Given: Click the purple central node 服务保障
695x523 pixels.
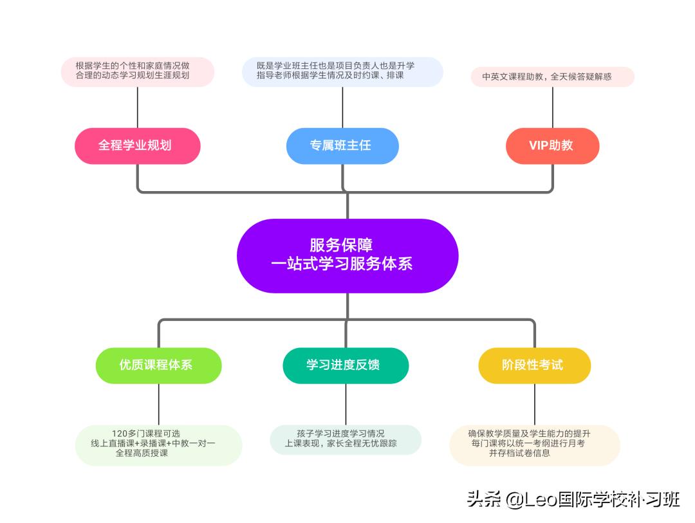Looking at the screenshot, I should [x=347, y=255].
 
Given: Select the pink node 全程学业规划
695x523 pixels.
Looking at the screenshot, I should [x=137, y=145].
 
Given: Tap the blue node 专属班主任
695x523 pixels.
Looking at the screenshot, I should [x=342, y=145].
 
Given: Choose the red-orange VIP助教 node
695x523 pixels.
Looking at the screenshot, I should [x=552, y=145].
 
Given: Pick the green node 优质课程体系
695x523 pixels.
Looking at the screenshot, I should [x=158, y=365].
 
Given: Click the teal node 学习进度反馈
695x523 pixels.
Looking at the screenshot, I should [x=346, y=365].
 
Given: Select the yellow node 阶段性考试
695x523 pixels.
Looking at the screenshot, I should [x=534, y=365].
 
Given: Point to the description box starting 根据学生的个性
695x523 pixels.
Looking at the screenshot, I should [x=137, y=71].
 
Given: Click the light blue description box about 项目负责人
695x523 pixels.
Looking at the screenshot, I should [x=342, y=71].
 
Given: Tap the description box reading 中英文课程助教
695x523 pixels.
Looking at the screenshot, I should [x=552, y=77].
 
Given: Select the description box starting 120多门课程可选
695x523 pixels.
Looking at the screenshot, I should [x=158, y=443].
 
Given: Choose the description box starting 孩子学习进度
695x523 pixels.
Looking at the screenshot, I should [x=346, y=438].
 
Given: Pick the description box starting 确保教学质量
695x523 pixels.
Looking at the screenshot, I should [x=534, y=443].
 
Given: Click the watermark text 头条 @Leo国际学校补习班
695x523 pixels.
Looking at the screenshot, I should [x=573, y=499].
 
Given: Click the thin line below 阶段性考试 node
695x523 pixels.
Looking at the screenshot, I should [x=535, y=404].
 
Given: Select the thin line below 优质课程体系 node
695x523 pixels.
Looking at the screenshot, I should [x=158, y=404].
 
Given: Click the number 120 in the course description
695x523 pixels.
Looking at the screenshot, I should [x=119, y=433].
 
